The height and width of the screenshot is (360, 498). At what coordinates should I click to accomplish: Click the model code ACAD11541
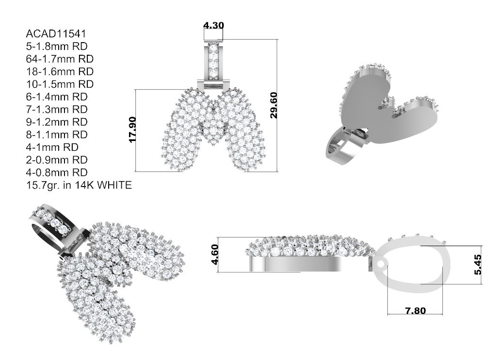point(56,33)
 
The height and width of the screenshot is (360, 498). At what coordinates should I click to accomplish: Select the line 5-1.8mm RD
point(57,47)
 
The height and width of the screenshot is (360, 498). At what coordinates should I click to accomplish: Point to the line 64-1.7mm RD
point(60,59)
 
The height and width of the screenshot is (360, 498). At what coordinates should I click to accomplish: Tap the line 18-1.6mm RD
point(60,71)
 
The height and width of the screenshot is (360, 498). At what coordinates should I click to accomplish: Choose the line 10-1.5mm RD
point(60,84)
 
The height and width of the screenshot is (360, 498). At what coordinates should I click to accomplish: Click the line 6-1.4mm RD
point(57,97)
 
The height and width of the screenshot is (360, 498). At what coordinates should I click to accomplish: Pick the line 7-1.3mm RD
point(57,109)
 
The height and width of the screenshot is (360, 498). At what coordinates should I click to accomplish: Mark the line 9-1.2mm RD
point(57,122)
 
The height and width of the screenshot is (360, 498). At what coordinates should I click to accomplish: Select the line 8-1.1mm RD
point(57,135)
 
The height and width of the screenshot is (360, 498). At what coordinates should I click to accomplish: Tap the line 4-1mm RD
point(52,147)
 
